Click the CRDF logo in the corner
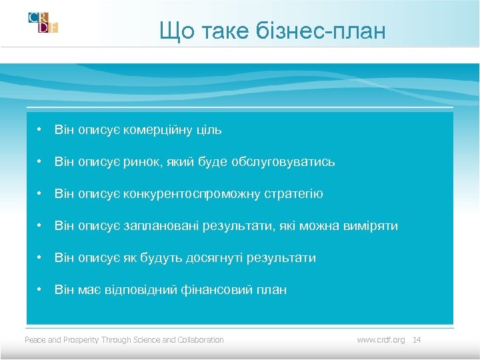click(43, 23)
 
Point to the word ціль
click(209, 130)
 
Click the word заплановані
click(158, 226)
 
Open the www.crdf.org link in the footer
click(381, 340)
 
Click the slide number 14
click(417, 340)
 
